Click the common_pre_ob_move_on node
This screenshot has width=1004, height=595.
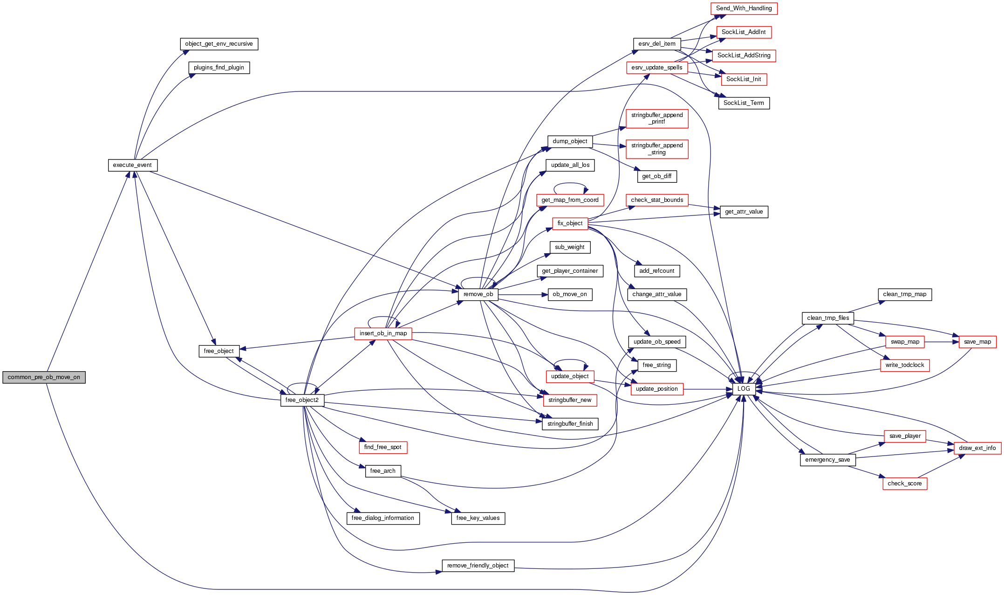pyautogui.click(x=44, y=377)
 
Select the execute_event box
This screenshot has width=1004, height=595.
pyautogui.click(x=132, y=165)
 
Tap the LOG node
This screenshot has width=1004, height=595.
pyautogui.click(x=744, y=389)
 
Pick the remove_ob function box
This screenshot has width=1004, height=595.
pyautogui.click(x=478, y=294)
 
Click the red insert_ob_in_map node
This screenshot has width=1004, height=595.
pyautogui.click(x=383, y=333)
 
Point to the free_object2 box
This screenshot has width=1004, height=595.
pyautogui.click(x=302, y=400)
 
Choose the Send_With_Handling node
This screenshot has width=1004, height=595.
pyautogui.click(x=744, y=8)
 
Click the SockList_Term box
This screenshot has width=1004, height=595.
pyautogui.click(x=744, y=103)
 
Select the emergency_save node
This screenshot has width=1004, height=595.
pyautogui.click(x=827, y=460)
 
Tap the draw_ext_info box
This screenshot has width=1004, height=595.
pyautogui.click(x=977, y=448)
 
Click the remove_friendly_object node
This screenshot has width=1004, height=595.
pyautogui.click(x=478, y=566)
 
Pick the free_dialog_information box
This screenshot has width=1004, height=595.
pyautogui.click(x=382, y=518)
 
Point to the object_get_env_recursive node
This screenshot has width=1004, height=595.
pyautogui.click(x=219, y=44)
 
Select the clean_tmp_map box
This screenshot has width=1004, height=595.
pyautogui.click(x=904, y=294)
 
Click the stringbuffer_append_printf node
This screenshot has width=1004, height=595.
pyautogui.click(x=657, y=118)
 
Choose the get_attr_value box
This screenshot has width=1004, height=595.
pyautogui.click(x=744, y=212)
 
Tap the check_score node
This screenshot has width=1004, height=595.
pyautogui.click(x=904, y=484)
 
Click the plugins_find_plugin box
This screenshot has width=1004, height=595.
pyautogui.click(x=219, y=68)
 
